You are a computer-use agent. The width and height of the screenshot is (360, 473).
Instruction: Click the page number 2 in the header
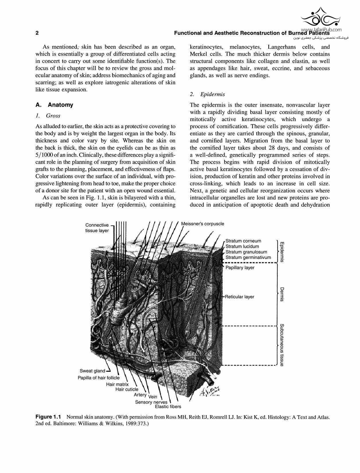37,33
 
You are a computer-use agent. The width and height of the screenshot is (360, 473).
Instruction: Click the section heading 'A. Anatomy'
54,105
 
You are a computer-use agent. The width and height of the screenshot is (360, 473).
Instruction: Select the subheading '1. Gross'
48,116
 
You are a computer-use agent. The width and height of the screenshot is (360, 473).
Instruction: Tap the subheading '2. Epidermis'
207,94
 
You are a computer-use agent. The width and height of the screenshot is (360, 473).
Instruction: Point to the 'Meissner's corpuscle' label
203,224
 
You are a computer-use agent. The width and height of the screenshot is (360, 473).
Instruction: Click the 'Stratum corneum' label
243,241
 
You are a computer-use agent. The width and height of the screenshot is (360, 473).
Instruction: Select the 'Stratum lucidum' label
242,246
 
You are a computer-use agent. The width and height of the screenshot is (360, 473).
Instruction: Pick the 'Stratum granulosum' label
246,252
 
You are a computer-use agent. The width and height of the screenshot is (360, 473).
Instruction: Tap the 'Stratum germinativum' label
248,257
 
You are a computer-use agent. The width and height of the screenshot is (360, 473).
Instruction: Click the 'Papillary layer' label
240,267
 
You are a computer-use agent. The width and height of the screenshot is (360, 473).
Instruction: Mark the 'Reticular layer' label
240,297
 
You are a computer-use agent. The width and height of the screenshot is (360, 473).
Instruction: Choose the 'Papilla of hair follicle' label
99,378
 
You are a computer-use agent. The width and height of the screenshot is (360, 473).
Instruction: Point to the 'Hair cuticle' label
127,389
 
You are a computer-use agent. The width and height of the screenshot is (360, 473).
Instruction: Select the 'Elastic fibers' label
168,406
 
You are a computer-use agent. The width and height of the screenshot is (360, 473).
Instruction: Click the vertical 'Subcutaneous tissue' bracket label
282,345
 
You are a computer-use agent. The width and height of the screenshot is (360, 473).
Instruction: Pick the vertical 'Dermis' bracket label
282,294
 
